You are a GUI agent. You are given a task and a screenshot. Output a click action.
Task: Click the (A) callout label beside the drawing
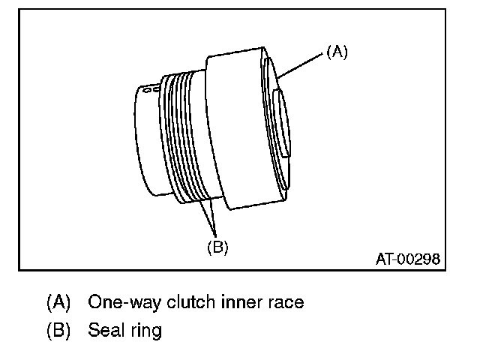(x=337, y=52)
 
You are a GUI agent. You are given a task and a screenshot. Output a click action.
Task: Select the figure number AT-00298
(x=408, y=259)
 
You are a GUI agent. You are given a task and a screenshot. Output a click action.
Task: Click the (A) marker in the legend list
(x=58, y=302)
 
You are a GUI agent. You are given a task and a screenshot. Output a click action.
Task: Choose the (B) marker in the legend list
(x=58, y=329)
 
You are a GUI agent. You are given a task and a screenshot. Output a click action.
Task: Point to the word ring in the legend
(x=145, y=330)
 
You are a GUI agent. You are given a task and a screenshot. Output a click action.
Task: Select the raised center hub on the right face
(x=282, y=124)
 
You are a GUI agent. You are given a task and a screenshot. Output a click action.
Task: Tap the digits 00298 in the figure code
(x=418, y=259)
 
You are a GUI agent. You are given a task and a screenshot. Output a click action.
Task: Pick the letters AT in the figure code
(x=384, y=259)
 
